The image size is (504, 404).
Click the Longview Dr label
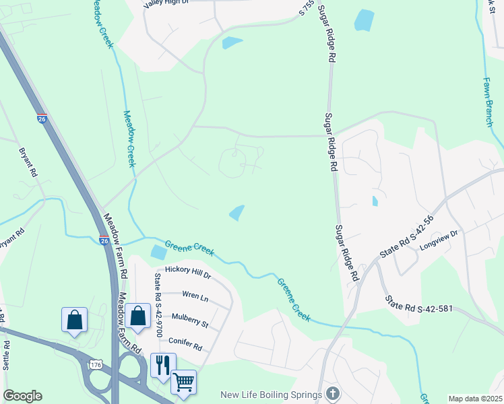click(438, 238)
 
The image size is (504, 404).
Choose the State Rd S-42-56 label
click(406, 242)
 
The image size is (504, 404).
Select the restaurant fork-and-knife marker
click(163, 365)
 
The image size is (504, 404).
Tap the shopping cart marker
click(183, 382)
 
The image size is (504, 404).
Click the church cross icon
click(332, 393)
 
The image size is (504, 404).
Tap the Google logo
click(22, 396)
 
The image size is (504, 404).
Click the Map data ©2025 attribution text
click(474, 399)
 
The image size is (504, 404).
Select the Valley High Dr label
click(166, 3)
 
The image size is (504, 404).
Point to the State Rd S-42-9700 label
click(159, 305)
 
